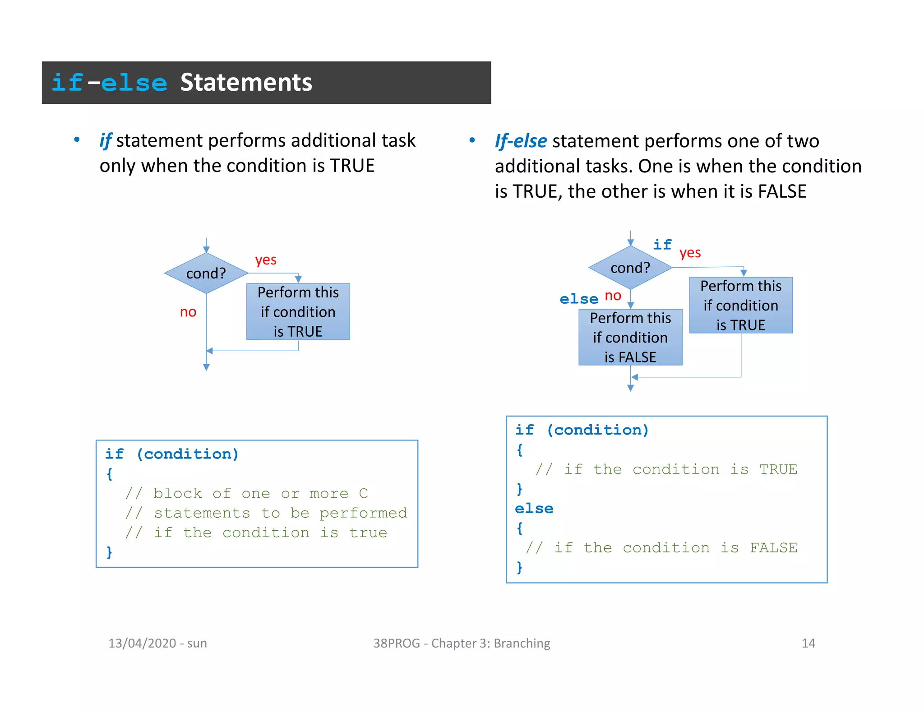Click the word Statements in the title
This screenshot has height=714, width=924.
pos(246,83)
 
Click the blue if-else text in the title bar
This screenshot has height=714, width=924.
pos(109,83)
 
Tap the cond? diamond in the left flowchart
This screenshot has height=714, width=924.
pos(206,273)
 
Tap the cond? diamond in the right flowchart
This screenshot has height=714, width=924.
pos(630,268)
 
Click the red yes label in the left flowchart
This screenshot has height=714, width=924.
pos(266,260)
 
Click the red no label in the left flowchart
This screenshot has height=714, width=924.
pos(188,312)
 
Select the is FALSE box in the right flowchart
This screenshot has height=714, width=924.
pos(630,338)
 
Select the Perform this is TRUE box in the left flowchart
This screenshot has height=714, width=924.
pos(298,311)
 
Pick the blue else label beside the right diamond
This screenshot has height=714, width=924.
pos(579,299)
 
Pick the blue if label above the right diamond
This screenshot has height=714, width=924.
pos(662,245)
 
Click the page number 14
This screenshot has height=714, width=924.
pos(808,643)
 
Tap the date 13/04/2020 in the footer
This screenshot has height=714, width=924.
pos(142,643)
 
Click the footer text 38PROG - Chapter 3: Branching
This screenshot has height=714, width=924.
pos(462,643)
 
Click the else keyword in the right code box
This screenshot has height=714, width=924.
pos(534,509)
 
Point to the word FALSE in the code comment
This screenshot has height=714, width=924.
pos(773,548)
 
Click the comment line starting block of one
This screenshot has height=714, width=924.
pos(247,493)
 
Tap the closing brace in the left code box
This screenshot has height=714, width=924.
pos(109,552)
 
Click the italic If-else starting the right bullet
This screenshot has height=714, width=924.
pos(521,141)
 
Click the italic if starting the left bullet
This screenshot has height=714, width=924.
pos(106,141)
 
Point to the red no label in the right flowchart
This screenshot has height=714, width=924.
pos(613,296)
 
